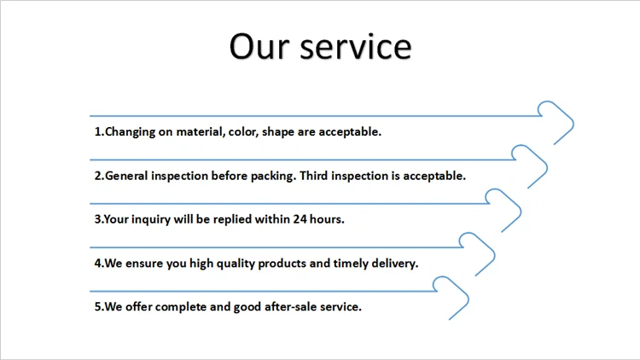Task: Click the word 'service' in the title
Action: click(356, 47)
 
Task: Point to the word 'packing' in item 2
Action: click(273, 177)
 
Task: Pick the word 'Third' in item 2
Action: click(313, 176)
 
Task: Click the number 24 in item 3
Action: click(300, 219)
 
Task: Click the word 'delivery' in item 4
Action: click(395, 264)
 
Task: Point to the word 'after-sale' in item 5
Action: click(290, 306)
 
